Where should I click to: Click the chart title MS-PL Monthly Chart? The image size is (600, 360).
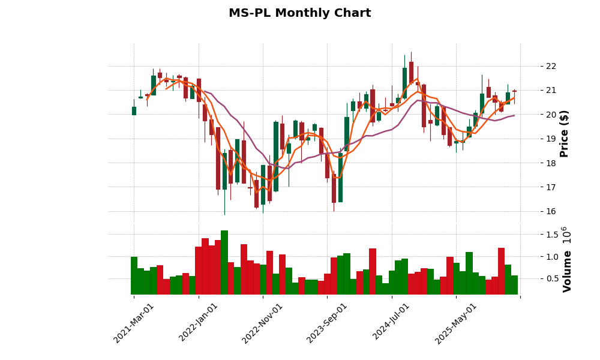click(299, 13)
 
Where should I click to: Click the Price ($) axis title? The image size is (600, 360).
click(564, 133)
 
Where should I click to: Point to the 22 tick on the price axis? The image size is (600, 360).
click(551, 66)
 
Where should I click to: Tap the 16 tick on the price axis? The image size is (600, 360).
click(551, 211)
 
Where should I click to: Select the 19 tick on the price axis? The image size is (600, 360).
click(551, 139)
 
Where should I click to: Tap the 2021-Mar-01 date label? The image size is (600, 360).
click(134, 323)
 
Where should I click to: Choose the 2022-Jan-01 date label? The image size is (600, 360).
click(199, 323)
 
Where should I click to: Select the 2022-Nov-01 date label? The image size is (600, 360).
click(263, 323)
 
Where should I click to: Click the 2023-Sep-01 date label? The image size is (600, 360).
click(327, 323)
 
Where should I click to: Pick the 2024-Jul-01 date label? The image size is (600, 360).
click(392, 323)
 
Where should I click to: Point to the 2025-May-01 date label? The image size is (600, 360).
click(456, 323)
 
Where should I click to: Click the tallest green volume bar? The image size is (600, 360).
click(224, 262)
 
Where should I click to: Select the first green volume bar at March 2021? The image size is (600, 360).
click(134, 275)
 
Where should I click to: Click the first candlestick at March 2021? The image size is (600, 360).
click(134, 110)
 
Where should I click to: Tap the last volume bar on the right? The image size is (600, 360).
click(514, 285)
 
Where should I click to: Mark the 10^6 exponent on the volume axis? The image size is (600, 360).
click(566, 235)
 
